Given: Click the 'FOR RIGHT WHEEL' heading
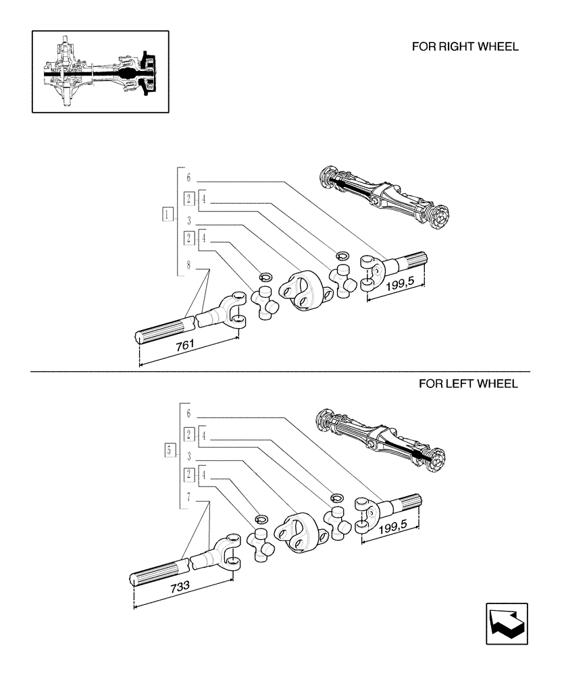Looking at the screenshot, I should coord(465,47).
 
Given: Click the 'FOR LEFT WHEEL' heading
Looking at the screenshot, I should coord(468,384).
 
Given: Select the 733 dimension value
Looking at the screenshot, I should coord(180,587).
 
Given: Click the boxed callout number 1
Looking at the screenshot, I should coord(166,215).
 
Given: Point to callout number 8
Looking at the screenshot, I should coord(189,269).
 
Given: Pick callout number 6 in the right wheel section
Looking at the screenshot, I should coord(189,179).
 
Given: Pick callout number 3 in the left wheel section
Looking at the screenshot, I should coord(189,456).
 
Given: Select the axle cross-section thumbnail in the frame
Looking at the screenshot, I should coord(100,71).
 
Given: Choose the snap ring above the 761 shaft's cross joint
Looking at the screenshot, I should coord(265,276).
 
